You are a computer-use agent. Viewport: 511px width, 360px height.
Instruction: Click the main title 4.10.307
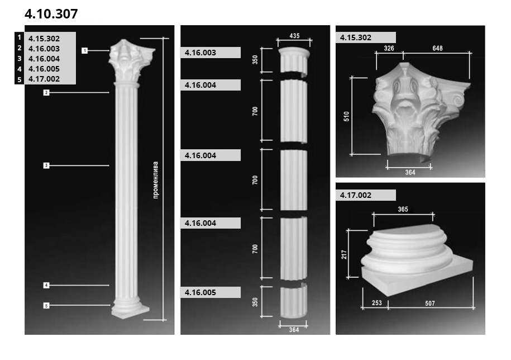click(x=51, y=14)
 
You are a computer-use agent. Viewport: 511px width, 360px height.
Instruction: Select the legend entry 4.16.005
click(x=44, y=69)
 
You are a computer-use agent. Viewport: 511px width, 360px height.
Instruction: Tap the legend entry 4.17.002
click(x=44, y=79)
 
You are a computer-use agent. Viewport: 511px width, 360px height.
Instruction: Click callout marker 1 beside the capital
click(x=85, y=50)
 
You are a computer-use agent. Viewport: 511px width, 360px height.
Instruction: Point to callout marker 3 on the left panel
click(x=46, y=165)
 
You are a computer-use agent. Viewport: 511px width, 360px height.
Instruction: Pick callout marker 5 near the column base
click(x=46, y=306)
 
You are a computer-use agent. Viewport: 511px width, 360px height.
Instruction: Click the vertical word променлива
click(x=155, y=180)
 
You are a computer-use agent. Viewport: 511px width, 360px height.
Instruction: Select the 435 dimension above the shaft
click(x=294, y=36)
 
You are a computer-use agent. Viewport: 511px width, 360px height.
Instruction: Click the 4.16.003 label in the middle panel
click(x=200, y=53)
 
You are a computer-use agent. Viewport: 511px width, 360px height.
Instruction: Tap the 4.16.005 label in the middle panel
click(x=200, y=292)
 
